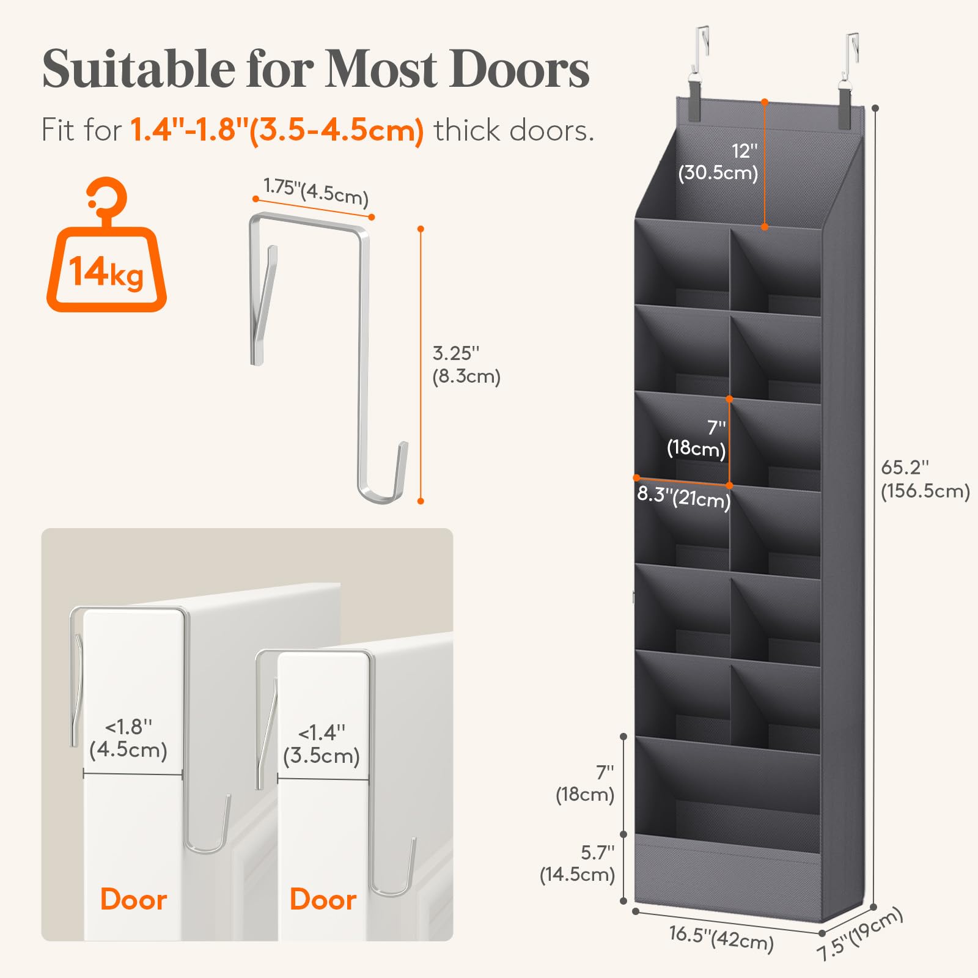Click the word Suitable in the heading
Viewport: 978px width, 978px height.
point(139,68)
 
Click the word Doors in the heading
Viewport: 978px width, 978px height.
point(519,68)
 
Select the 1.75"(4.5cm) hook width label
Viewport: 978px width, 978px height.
point(316,191)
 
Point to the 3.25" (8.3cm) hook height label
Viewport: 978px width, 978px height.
point(466,364)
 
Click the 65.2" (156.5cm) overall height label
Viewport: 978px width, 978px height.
point(925,479)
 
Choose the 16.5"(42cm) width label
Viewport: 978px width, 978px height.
point(721,938)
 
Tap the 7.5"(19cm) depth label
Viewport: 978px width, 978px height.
point(859,933)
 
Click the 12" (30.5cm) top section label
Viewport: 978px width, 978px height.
point(719,162)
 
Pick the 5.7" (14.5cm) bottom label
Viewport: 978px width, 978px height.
point(578,863)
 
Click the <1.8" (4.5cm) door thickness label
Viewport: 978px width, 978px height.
point(128,738)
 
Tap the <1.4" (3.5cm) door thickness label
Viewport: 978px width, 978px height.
point(322,744)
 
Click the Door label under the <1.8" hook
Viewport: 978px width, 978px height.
point(134,900)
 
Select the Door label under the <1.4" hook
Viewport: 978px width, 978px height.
point(323,900)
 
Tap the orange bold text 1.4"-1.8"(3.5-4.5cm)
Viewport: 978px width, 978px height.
point(277,130)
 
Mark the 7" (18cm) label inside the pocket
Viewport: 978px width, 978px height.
point(697,438)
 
